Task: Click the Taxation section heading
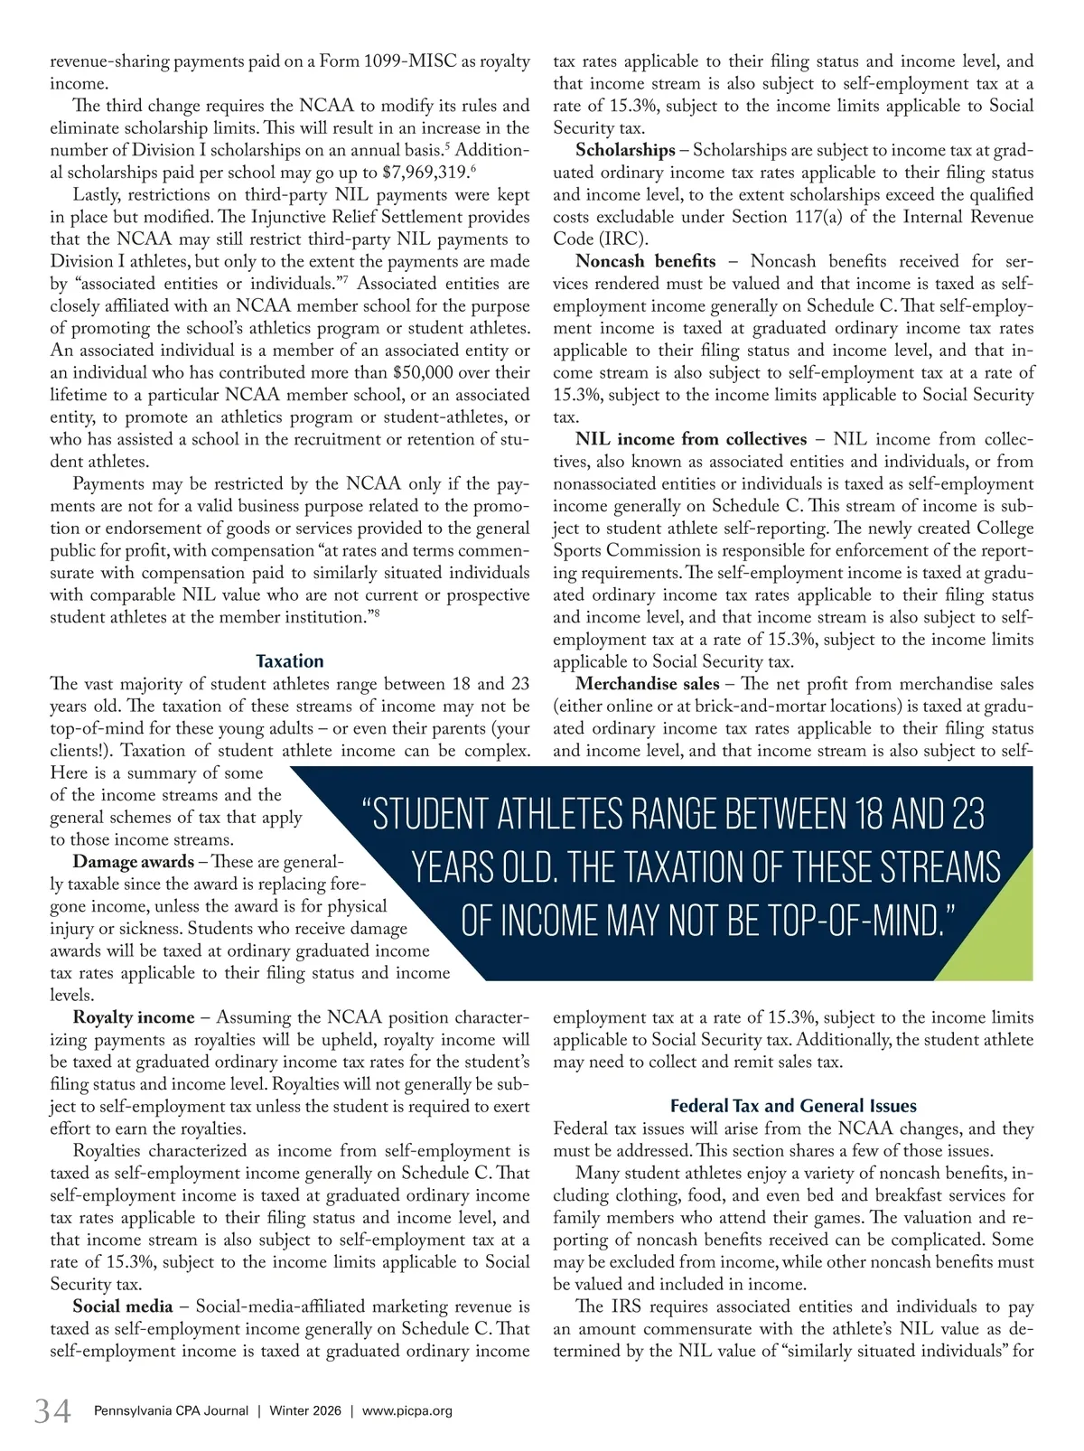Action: (289, 661)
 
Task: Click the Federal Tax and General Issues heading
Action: (793, 1106)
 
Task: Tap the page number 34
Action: (52, 1410)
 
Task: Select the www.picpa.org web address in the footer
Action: (407, 1410)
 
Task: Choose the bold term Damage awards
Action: (133, 862)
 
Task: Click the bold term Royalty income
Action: (134, 1017)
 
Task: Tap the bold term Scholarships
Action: (625, 150)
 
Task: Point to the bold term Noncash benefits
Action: (645, 261)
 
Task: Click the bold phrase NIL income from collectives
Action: (691, 439)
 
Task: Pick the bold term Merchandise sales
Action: (648, 684)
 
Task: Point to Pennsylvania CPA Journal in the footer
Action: (171, 1410)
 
